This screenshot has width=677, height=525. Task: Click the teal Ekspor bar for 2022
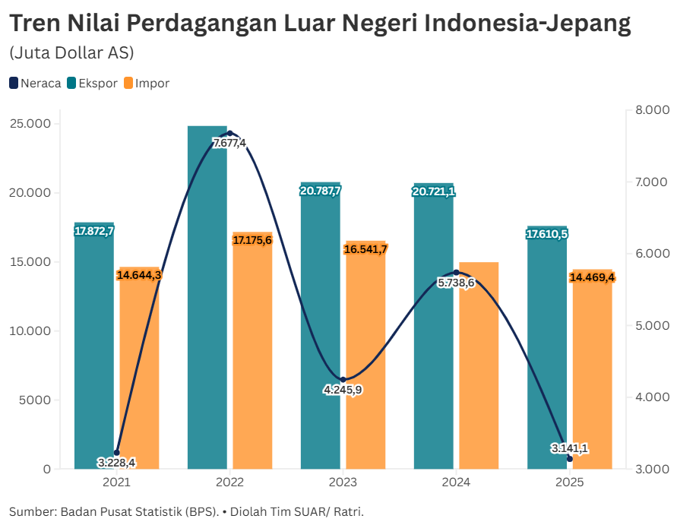click(x=207, y=304)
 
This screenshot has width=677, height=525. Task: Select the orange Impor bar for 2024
click(x=479, y=365)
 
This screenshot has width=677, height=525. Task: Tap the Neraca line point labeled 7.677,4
click(x=230, y=134)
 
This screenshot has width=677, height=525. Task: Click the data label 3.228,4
click(x=116, y=462)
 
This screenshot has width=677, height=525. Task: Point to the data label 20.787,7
click(x=321, y=191)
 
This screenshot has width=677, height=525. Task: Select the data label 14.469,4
click(x=592, y=277)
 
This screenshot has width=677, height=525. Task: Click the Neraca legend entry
click(x=35, y=84)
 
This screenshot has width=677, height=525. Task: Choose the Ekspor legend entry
click(x=92, y=84)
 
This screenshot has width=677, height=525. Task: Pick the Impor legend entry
click(x=146, y=84)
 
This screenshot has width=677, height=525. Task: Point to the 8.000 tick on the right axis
click(x=651, y=111)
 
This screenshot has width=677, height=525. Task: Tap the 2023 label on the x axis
click(x=343, y=482)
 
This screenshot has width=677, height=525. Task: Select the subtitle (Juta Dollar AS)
click(x=71, y=53)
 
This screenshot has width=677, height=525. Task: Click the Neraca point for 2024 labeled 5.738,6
click(x=456, y=272)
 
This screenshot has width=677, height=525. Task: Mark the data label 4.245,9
click(x=343, y=390)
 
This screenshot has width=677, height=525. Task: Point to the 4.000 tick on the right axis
click(x=651, y=397)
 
